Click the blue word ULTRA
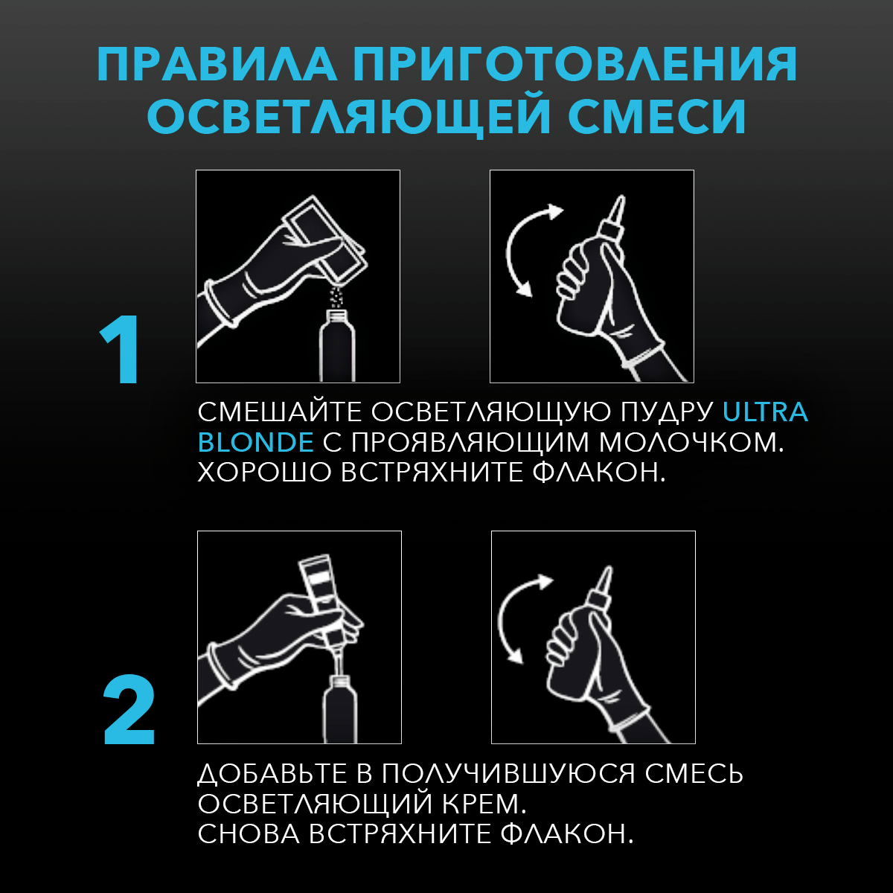765,412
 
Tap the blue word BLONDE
255,442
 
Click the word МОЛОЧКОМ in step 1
692,442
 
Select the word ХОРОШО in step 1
263,473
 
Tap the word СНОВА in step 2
247,834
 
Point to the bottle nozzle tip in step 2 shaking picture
606,574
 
